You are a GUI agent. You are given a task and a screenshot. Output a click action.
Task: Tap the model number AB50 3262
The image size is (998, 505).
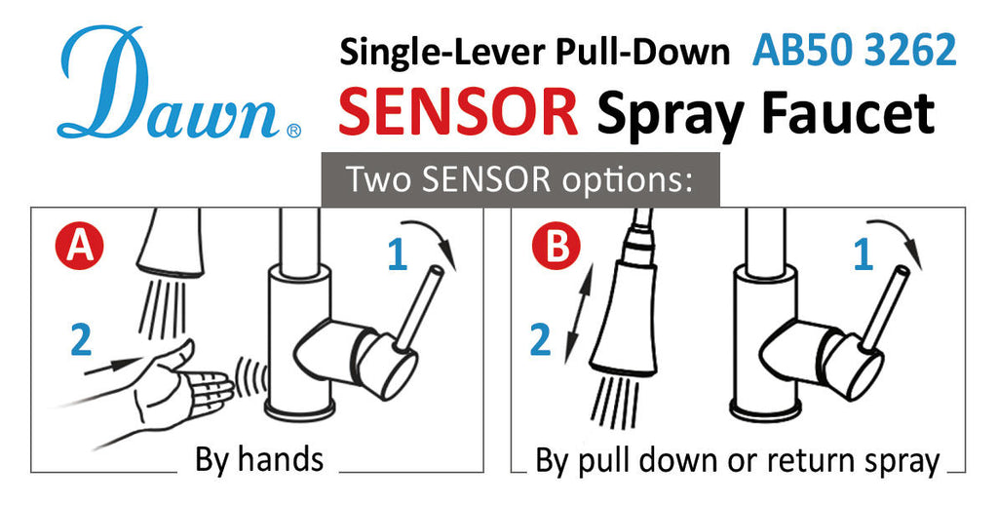[x=855, y=52]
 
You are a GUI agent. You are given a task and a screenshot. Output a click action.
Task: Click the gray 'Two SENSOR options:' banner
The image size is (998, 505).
[x=520, y=179]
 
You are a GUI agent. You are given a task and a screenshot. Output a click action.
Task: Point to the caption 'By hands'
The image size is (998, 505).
[x=259, y=459]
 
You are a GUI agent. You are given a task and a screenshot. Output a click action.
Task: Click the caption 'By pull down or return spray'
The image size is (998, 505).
[x=738, y=461]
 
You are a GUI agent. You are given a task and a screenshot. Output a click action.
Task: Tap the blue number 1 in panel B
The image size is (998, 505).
[x=863, y=255]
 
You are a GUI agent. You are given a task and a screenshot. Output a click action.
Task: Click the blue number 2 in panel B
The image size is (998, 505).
[x=539, y=340]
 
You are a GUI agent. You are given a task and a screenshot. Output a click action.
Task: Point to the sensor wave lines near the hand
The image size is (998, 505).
[x=255, y=379]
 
